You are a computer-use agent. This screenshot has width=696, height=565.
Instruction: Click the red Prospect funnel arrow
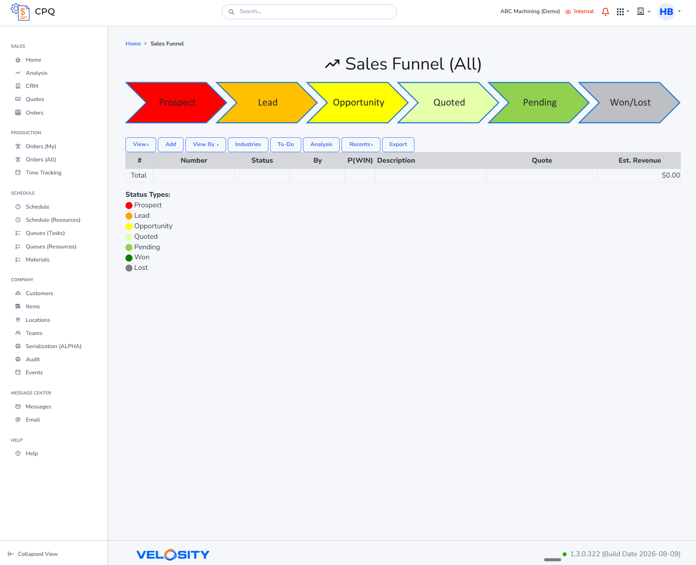pos(177,103)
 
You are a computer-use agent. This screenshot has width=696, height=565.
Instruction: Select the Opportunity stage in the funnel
pos(358,103)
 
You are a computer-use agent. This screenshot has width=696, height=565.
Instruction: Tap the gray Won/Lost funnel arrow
pos(630,103)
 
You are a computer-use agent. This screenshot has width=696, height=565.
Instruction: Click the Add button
pos(171,144)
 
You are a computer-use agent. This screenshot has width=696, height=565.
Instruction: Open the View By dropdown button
pos(205,144)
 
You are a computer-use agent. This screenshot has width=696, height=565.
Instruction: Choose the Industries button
pos(248,144)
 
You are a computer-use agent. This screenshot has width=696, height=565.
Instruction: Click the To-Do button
pos(285,144)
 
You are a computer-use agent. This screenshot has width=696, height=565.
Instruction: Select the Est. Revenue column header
pos(639,160)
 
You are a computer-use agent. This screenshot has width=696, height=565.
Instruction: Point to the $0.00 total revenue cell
pos(671,175)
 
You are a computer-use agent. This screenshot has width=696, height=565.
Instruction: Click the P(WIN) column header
pos(360,160)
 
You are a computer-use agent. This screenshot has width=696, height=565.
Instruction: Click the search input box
pos(309,12)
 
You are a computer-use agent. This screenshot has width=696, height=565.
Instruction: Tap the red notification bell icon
pos(605,12)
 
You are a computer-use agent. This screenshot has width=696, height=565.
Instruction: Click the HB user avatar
pos(666,12)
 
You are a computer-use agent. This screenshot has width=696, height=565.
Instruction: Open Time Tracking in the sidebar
pos(43,173)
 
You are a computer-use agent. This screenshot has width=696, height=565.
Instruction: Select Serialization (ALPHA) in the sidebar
pos(54,346)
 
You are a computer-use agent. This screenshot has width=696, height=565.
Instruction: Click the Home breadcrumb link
pos(133,44)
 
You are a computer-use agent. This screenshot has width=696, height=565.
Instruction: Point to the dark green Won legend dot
pos(129,258)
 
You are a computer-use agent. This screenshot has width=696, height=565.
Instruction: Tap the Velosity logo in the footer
pos(173,555)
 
